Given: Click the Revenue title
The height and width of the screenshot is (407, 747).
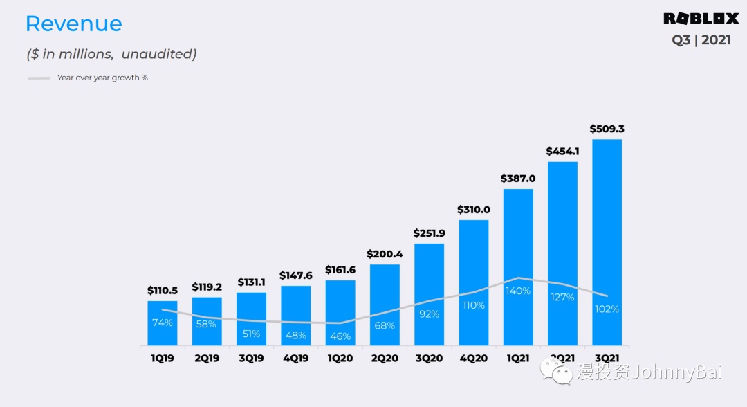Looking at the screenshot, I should point(73,24).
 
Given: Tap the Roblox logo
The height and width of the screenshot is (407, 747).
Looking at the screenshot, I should point(701,19).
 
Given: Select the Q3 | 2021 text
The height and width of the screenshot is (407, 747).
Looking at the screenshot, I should point(701,40).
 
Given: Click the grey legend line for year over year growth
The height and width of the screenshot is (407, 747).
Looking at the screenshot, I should point(39,78).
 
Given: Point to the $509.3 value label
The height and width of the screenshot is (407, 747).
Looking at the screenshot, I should point(607,129).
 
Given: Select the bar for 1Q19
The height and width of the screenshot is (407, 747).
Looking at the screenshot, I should point(162,332).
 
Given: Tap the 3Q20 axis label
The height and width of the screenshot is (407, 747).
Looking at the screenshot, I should point(429,359).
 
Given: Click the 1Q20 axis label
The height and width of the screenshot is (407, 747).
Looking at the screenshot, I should point(340,359).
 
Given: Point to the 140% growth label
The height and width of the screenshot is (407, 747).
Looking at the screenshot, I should point(518,291).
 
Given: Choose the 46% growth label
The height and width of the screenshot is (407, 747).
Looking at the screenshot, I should point(340,336).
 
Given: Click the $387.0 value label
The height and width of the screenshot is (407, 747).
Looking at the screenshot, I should point(518,179).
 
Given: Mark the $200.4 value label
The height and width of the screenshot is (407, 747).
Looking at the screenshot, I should point(385,254).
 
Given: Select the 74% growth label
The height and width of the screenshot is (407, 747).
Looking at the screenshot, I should point(163,323).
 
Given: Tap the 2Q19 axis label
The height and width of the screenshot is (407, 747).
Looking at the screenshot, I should point(207,359).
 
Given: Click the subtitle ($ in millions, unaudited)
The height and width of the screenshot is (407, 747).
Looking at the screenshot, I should point(111,54).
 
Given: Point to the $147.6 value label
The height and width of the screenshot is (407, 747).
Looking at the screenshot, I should point(296,275).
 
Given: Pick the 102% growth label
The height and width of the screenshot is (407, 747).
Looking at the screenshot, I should point(607,309).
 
